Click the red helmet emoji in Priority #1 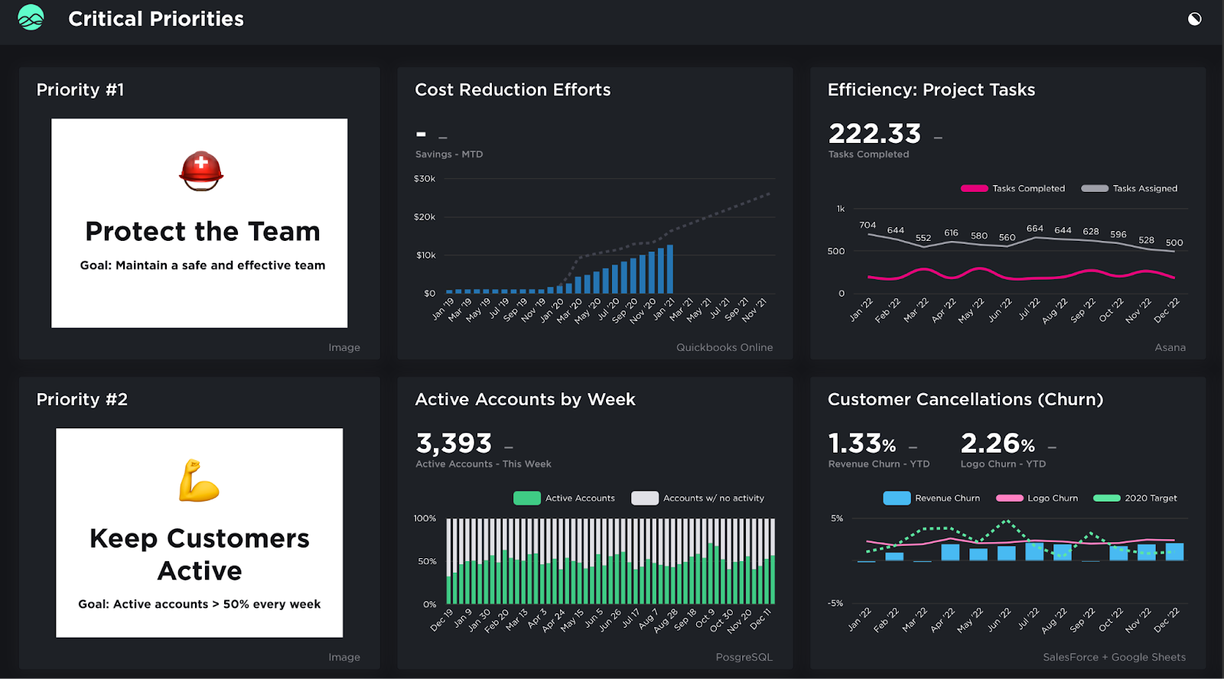[x=201, y=171]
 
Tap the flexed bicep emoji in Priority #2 [x=199, y=481]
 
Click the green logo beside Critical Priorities [x=31, y=18]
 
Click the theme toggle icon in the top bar [x=1194, y=19]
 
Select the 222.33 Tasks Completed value [x=874, y=134]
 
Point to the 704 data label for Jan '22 [x=868, y=225]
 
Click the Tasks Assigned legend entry [x=1130, y=188]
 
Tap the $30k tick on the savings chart [x=425, y=179]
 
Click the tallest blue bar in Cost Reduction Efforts [x=670, y=269]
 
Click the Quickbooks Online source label [x=724, y=347]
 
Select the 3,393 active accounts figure [x=454, y=443]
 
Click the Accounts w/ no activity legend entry [x=698, y=498]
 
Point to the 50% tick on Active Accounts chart [x=427, y=561]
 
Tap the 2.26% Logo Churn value [x=998, y=443]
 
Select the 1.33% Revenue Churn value [x=862, y=443]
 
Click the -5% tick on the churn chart [x=835, y=603]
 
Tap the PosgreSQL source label [x=744, y=657]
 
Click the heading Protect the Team [x=203, y=231]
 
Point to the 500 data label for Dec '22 [x=1174, y=242]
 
